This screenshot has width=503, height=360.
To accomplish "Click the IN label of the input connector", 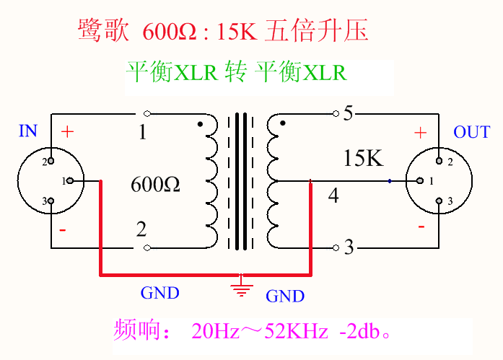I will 27,131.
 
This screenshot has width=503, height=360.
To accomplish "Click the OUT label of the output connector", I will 471,132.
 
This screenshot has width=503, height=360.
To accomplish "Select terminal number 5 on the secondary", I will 348,114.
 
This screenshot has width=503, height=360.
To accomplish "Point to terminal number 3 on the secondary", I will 349,247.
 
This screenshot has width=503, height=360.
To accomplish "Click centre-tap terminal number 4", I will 333,195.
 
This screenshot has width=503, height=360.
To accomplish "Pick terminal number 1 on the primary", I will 142,133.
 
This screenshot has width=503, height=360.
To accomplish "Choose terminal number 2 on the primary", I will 141,230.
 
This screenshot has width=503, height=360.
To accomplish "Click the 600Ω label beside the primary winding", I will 155,184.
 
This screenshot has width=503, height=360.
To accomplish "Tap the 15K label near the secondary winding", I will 364,158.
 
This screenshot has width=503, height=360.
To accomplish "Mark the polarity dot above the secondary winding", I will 283,123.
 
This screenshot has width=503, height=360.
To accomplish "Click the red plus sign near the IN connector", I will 67,132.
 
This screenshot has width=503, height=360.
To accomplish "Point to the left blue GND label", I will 159,293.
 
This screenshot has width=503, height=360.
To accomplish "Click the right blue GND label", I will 285,296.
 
